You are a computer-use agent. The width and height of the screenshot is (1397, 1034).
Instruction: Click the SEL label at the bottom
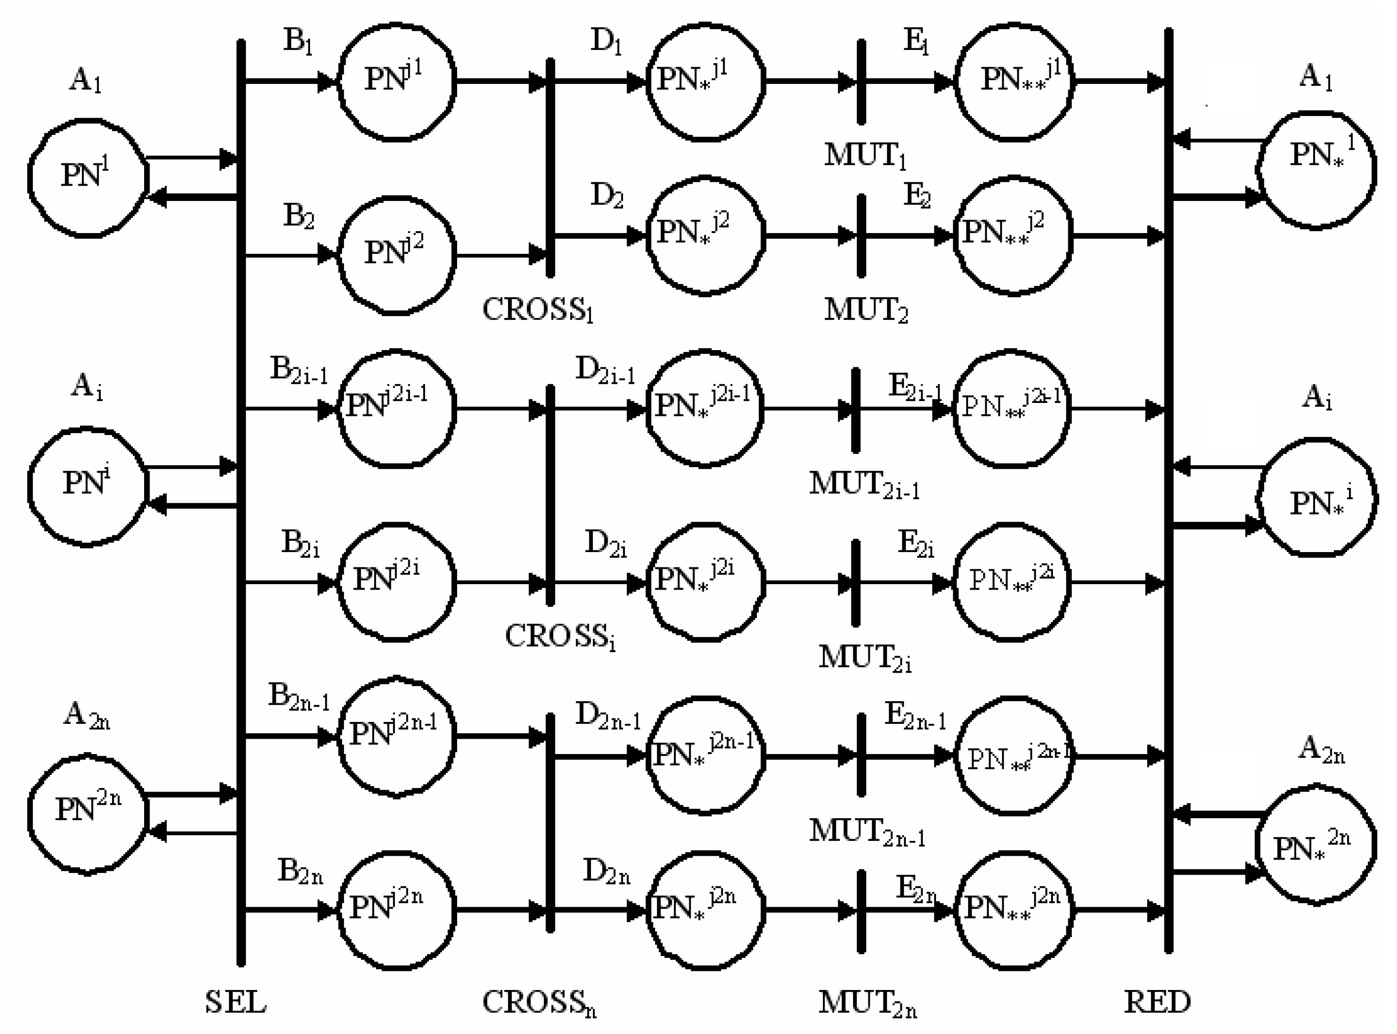[236, 1001]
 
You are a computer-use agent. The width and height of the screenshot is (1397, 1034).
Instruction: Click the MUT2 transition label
[865, 309]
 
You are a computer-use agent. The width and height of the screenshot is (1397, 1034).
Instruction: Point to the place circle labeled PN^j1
[397, 81]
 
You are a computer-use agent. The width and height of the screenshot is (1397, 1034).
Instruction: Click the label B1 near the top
[298, 41]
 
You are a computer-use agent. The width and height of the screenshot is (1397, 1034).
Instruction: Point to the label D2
[606, 197]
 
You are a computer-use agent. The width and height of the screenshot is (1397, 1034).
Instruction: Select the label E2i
[915, 543]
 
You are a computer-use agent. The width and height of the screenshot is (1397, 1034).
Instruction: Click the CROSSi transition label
[560, 636]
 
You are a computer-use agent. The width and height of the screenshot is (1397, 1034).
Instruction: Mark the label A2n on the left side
[86, 715]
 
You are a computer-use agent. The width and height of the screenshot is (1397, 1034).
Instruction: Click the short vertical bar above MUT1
[861, 81]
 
